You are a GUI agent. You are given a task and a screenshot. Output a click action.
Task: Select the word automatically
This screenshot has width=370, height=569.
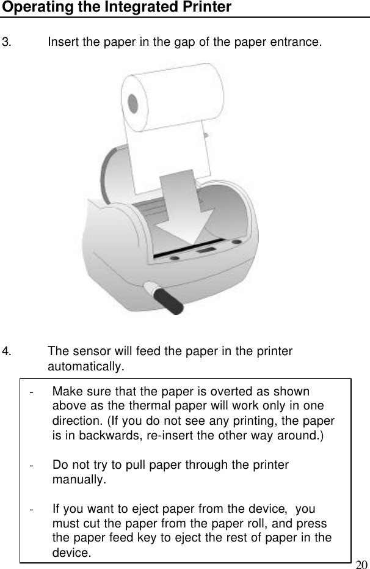(85, 367)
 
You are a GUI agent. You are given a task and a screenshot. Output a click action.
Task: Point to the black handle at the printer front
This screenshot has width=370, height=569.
(169, 300)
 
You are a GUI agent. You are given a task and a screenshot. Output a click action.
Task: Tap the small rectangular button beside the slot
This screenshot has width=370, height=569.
(206, 249)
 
